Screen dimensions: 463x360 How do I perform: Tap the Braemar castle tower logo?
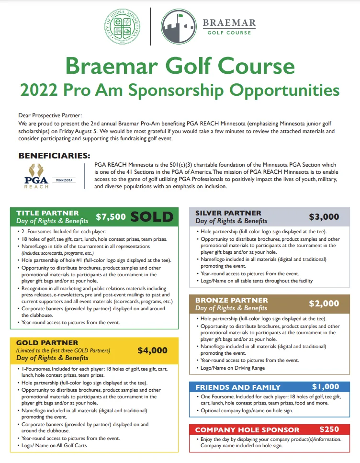click(x=178, y=27)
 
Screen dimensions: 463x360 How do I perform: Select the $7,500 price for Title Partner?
click(x=111, y=217)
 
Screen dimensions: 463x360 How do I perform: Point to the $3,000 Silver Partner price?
click(x=324, y=217)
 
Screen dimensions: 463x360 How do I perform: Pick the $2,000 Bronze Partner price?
click(x=324, y=304)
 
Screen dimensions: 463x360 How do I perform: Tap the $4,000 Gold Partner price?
click(x=152, y=350)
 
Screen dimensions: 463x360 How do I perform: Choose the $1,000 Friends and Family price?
click(x=325, y=387)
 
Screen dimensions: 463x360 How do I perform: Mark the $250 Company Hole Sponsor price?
click(x=329, y=429)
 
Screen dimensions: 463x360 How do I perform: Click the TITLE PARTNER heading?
click(x=47, y=213)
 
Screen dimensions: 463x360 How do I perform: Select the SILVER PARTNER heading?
click(x=228, y=213)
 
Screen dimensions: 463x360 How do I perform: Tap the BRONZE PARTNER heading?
click(x=232, y=300)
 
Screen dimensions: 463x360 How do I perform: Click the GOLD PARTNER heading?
click(x=47, y=343)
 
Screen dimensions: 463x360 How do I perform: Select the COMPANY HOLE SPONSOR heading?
click(x=247, y=430)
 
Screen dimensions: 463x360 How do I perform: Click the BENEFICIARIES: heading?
click(x=54, y=156)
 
